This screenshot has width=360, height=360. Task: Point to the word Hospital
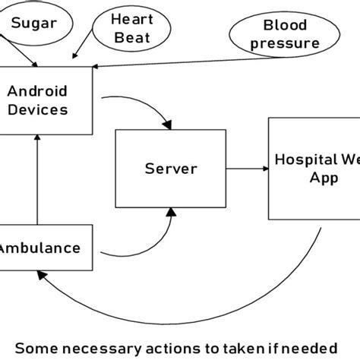click(x=303, y=160)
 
